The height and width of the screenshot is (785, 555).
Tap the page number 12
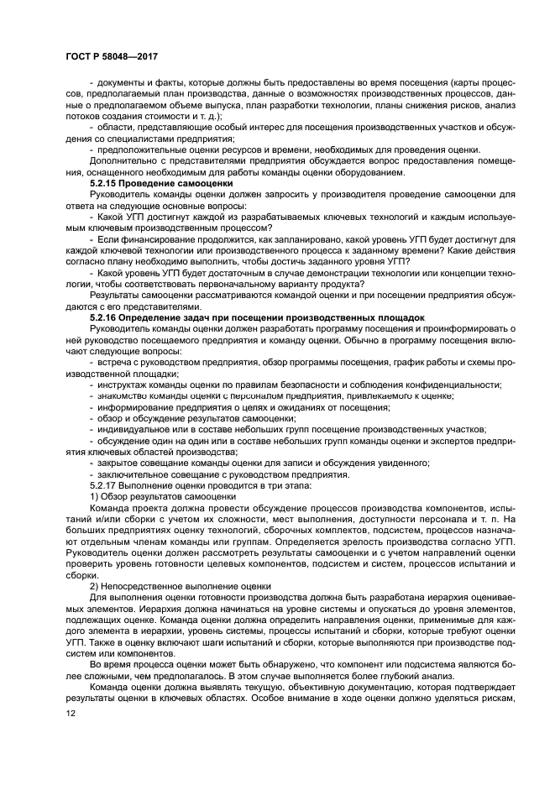pos(71,713)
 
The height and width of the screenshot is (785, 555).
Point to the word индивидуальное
pos(134,428)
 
